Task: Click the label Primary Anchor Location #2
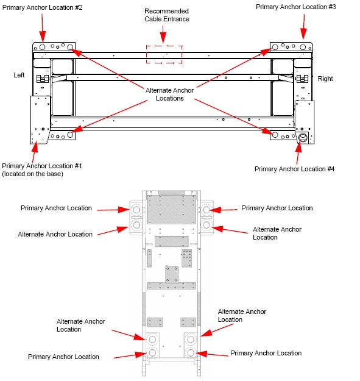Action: pyautogui.click(x=42, y=7)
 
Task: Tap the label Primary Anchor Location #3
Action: pyautogui.click(x=296, y=7)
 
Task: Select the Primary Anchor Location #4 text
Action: pyautogui.click(x=294, y=169)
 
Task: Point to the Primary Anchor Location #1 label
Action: pyautogui.click(x=42, y=166)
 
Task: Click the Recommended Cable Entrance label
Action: pyautogui.click(x=166, y=15)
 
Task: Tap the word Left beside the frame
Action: pyautogui.click(x=19, y=75)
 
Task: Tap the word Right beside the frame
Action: pyautogui.click(x=325, y=79)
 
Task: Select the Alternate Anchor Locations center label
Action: pyautogui.click(x=170, y=94)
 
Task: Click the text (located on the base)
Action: pyautogui.click(x=32, y=174)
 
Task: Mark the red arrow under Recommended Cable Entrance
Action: pyautogui.click(x=163, y=34)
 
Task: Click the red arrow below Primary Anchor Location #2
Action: pyautogui.click(x=43, y=28)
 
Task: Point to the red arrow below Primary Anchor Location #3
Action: pyautogui.click(x=303, y=27)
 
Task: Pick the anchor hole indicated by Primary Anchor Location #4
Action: pyautogui.click(x=303, y=138)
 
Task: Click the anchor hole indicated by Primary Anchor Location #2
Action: pyautogui.click(x=42, y=47)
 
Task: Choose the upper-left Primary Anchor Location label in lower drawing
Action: pyautogui.click(x=56, y=208)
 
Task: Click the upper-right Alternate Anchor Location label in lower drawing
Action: pyautogui.click(x=277, y=233)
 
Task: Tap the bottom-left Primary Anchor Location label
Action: pyautogui.click(x=63, y=357)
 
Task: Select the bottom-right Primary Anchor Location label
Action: pyautogui.click(x=266, y=353)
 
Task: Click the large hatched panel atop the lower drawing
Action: pyautogui.click(x=171, y=210)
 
